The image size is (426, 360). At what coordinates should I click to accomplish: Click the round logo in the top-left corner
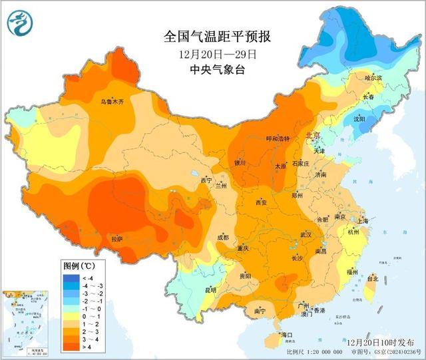click(x=20, y=23)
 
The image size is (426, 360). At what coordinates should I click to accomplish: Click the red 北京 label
click(x=312, y=135)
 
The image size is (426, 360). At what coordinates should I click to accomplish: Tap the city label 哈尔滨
click(x=373, y=78)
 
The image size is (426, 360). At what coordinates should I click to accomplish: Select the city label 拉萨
click(x=116, y=239)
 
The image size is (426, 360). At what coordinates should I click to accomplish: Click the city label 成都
click(x=222, y=237)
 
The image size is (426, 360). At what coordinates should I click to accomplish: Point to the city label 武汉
click(x=306, y=235)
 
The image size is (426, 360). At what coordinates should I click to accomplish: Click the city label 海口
click(x=288, y=334)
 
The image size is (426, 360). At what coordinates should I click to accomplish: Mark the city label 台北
click(x=373, y=279)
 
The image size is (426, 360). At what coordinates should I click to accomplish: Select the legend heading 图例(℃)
click(x=78, y=265)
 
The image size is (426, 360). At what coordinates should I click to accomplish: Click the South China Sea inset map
click(x=23, y=323)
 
